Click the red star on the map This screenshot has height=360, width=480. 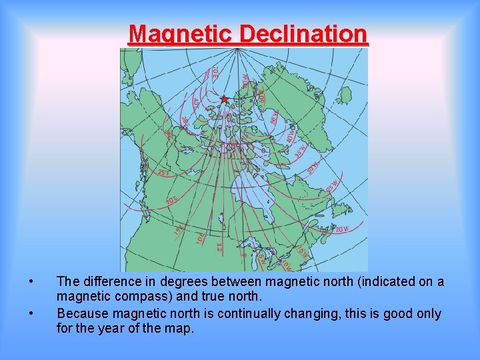pos(224,99)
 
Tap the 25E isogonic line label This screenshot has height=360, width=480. pos(164,172)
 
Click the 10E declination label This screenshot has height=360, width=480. pos(200,237)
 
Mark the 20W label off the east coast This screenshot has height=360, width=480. pos(341,229)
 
